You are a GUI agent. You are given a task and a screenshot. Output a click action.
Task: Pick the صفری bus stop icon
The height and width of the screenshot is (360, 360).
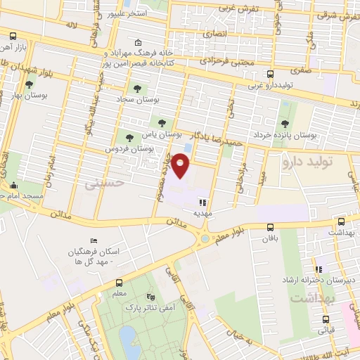270,73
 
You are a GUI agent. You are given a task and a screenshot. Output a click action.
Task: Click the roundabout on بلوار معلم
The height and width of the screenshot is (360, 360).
204,239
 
